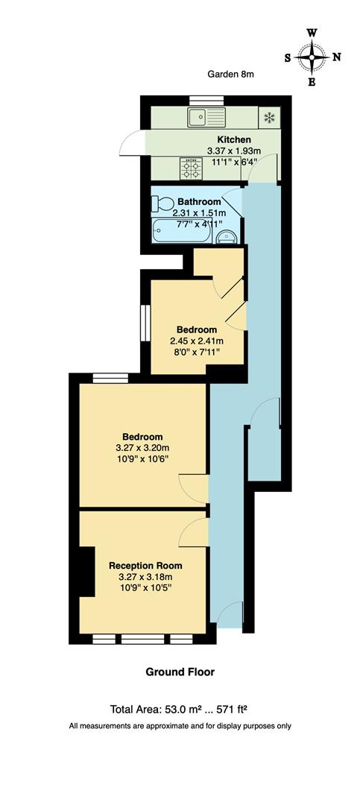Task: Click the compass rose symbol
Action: [x=312, y=57]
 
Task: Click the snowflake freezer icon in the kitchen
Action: [x=267, y=117]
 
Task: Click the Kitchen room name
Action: [x=233, y=139]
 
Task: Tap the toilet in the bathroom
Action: [x=163, y=203]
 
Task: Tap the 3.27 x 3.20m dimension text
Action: [x=143, y=447]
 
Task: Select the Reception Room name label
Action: [x=145, y=566]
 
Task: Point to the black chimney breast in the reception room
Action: [x=88, y=571]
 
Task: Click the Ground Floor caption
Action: [x=180, y=672]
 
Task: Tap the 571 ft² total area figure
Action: [x=239, y=709]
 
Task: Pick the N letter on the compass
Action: [x=336, y=57]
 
